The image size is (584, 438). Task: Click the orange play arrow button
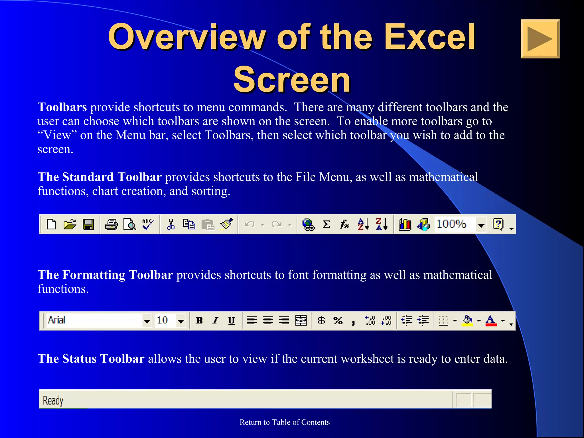click(x=540, y=39)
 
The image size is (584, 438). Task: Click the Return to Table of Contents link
click(x=284, y=422)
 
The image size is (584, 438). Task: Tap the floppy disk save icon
click(x=88, y=224)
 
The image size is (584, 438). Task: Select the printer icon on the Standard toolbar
click(x=111, y=224)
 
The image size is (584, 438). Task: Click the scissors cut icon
click(x=171, y=224)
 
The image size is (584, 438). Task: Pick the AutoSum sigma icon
click(x=326, y=224)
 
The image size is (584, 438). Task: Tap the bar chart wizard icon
click(x=405, y=224)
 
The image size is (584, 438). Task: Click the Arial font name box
click(x=94, y=321)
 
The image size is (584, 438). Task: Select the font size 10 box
click(x=165, y=321)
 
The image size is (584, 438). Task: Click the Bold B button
click(x=199, y=321)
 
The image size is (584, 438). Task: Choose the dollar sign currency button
click(x=321, y=321)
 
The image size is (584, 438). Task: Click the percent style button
click(x=338, y=321)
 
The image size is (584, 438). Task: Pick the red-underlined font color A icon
click(x=491, y=321)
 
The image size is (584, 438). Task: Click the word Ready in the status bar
click(x=53, y=400)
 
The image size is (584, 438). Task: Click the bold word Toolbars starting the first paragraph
click(x=62, y=107)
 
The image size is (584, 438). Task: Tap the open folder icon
click(x=70, y=224)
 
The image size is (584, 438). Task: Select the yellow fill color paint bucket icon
click(x=467, y=321)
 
